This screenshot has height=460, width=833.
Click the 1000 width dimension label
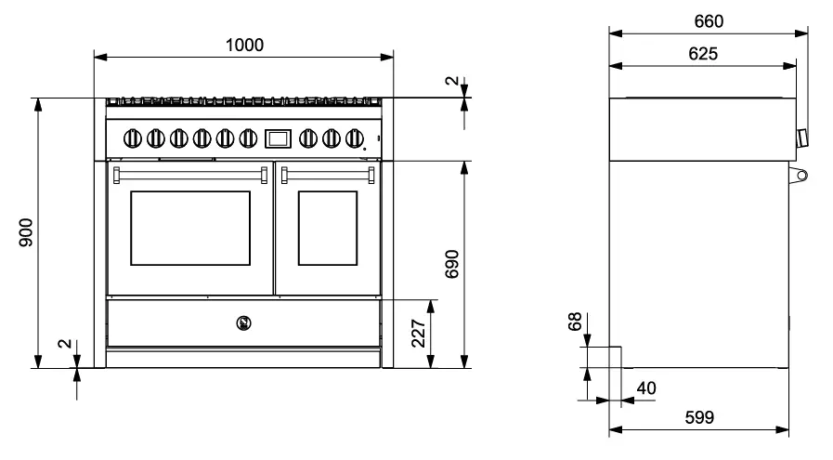pos(244,45)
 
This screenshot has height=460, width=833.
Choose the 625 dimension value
pos(702,54)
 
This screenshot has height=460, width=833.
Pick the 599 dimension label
pos(697,418)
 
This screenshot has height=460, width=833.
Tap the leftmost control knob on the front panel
pos(133,138)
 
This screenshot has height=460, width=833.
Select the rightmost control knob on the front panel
pos(353,138)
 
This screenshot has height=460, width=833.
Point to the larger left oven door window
pos(189,228)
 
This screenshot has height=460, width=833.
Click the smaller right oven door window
pos(327,228)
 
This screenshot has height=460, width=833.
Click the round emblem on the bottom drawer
pos(244,323)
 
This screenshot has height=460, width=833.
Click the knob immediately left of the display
pos(247,138)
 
